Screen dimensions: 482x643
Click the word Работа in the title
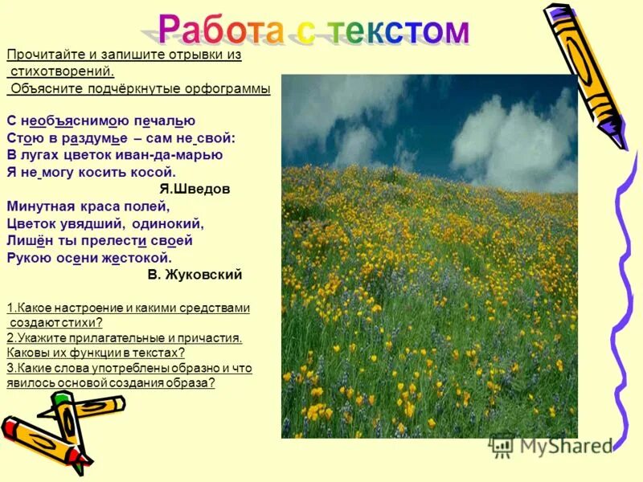point(217,30)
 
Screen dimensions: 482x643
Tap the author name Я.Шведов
point(195,190)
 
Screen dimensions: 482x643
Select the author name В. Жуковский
point(195,275)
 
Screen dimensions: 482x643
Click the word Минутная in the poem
point(42,206)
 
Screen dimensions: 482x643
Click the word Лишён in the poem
point(27,241)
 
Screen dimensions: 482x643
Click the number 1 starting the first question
point(9,308)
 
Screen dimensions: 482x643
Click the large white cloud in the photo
point(514,141)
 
